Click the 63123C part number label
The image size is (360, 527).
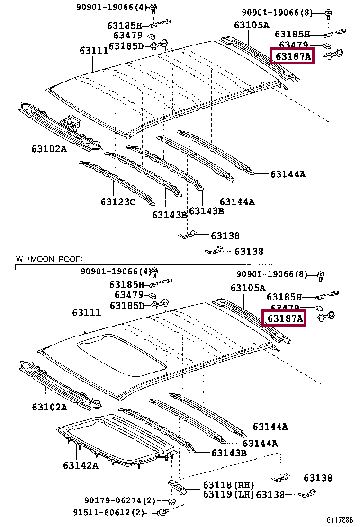[118, 202]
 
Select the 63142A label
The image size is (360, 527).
[81, 465]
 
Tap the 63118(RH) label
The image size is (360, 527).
[228, 485]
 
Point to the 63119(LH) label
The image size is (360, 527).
[228, 495]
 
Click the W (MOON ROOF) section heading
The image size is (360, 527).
[49, 259]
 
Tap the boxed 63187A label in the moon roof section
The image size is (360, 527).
[285, 318]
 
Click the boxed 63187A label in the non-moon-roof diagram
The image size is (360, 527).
[292, 57]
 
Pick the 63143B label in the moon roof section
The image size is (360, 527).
[229, 453]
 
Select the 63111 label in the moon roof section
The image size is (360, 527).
[87, 313]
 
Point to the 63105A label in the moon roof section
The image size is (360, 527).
[248, 288]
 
